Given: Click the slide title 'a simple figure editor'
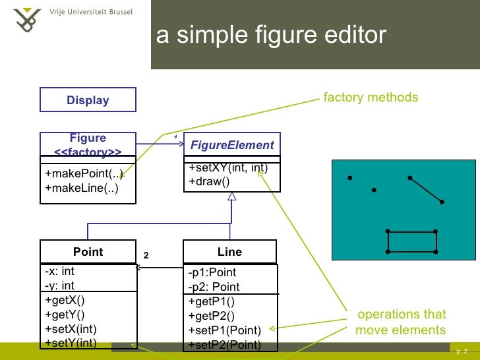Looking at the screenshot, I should coord(270,36).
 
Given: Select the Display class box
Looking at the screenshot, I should coord(88,100).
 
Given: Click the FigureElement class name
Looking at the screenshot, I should coord(231,145).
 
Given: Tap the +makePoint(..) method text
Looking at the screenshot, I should coord(84,174).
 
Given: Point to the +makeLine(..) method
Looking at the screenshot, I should coord(81,189).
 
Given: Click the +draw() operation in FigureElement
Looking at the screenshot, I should coord(209,181).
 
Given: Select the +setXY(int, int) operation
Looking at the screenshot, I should coord(228,169).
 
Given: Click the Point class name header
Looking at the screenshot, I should coord(88,252).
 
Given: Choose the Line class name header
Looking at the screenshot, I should coord(229,252).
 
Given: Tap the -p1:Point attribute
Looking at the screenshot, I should coord(212,273).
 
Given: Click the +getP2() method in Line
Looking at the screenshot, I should coord(211,316).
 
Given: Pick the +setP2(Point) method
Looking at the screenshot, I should coord(224,344).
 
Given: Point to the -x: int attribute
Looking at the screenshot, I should coord(59,271).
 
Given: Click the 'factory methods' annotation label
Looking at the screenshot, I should coord(371,98).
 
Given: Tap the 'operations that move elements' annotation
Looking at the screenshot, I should coord(401,322).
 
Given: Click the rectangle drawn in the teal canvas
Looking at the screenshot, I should coord(412,241).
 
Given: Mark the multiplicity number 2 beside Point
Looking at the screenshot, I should coord(146,255).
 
